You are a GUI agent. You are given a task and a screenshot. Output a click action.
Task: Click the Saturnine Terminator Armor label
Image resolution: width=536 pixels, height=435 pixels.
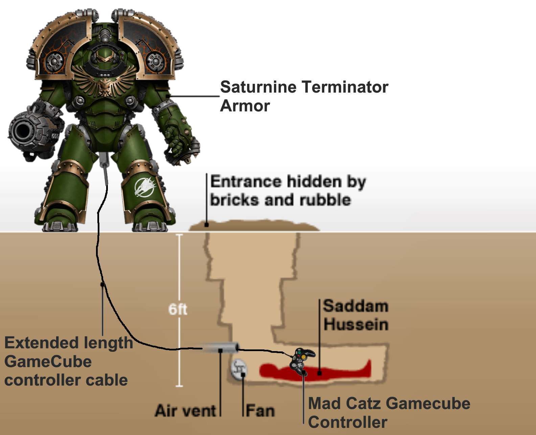pyautogui.click(x=304, y=96)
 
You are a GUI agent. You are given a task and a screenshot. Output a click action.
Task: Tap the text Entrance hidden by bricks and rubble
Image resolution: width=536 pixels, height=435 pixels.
pyautogui.click(x=288, y=191)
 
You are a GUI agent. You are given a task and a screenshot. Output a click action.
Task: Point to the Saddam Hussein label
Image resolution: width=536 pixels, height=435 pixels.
pyautogui.click(x=356, y=315)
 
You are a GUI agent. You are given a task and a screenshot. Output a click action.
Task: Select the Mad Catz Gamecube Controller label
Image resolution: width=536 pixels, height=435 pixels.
pyautogui.click(x=389, y=413)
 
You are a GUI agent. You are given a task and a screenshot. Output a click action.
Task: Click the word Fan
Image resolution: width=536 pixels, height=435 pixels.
pyautogui.click(x=260, y=411)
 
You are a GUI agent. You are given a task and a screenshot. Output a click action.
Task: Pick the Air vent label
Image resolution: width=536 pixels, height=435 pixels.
pyautogui.click(x=185, y=411)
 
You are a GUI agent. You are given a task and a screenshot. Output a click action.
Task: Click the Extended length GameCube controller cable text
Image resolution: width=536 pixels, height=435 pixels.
pyautogui.click(x=68, y=362)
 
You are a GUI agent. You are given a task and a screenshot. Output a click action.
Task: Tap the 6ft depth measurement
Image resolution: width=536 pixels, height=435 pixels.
pyautogui.click(x=178, y=309)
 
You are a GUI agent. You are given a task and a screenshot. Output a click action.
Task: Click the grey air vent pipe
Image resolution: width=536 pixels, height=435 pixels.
pyautogui.click(x=220, y=348)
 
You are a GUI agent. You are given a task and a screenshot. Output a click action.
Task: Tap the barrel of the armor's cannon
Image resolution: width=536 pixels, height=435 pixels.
pyautogui.click(x=24, y=131)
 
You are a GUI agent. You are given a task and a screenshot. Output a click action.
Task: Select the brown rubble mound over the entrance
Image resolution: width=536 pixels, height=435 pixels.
pyautogui.click(x=254, y=226)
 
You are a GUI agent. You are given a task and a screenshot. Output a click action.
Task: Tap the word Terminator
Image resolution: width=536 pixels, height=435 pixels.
pyautogui.click(x=345, y=87)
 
